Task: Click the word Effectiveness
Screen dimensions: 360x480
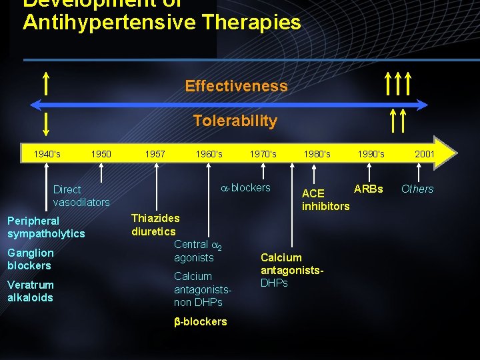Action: tap(236, 86)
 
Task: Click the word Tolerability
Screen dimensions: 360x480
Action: tap(235, 121)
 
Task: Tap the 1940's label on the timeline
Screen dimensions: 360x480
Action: tap(47, 154)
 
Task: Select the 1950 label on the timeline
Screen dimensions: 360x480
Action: tap(101, 154)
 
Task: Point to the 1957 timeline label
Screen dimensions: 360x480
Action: tap(155, 154)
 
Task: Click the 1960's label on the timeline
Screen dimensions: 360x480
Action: tap(209, 154)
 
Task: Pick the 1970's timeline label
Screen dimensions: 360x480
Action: tap(263, 154)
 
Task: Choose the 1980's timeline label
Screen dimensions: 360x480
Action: tap(317, 154)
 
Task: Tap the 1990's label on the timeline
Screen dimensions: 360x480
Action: tap(371, 154)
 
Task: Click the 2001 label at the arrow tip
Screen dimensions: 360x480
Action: tap(425, 154)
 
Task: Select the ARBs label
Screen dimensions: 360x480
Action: tap(368, 189)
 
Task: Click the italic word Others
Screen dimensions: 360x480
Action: tap(417, 189)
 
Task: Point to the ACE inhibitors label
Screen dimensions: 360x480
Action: tap(325, 199)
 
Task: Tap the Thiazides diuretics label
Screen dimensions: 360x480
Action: tap(155, 225)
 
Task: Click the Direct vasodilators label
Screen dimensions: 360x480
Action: tap(81, 195)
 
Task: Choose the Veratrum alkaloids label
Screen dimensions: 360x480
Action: tap(31, 291)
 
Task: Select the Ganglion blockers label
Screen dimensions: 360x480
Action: tap(31, 259)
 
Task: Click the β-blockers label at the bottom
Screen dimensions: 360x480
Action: tap(200, 321)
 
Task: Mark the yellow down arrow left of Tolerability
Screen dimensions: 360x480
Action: tap(45, 124)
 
